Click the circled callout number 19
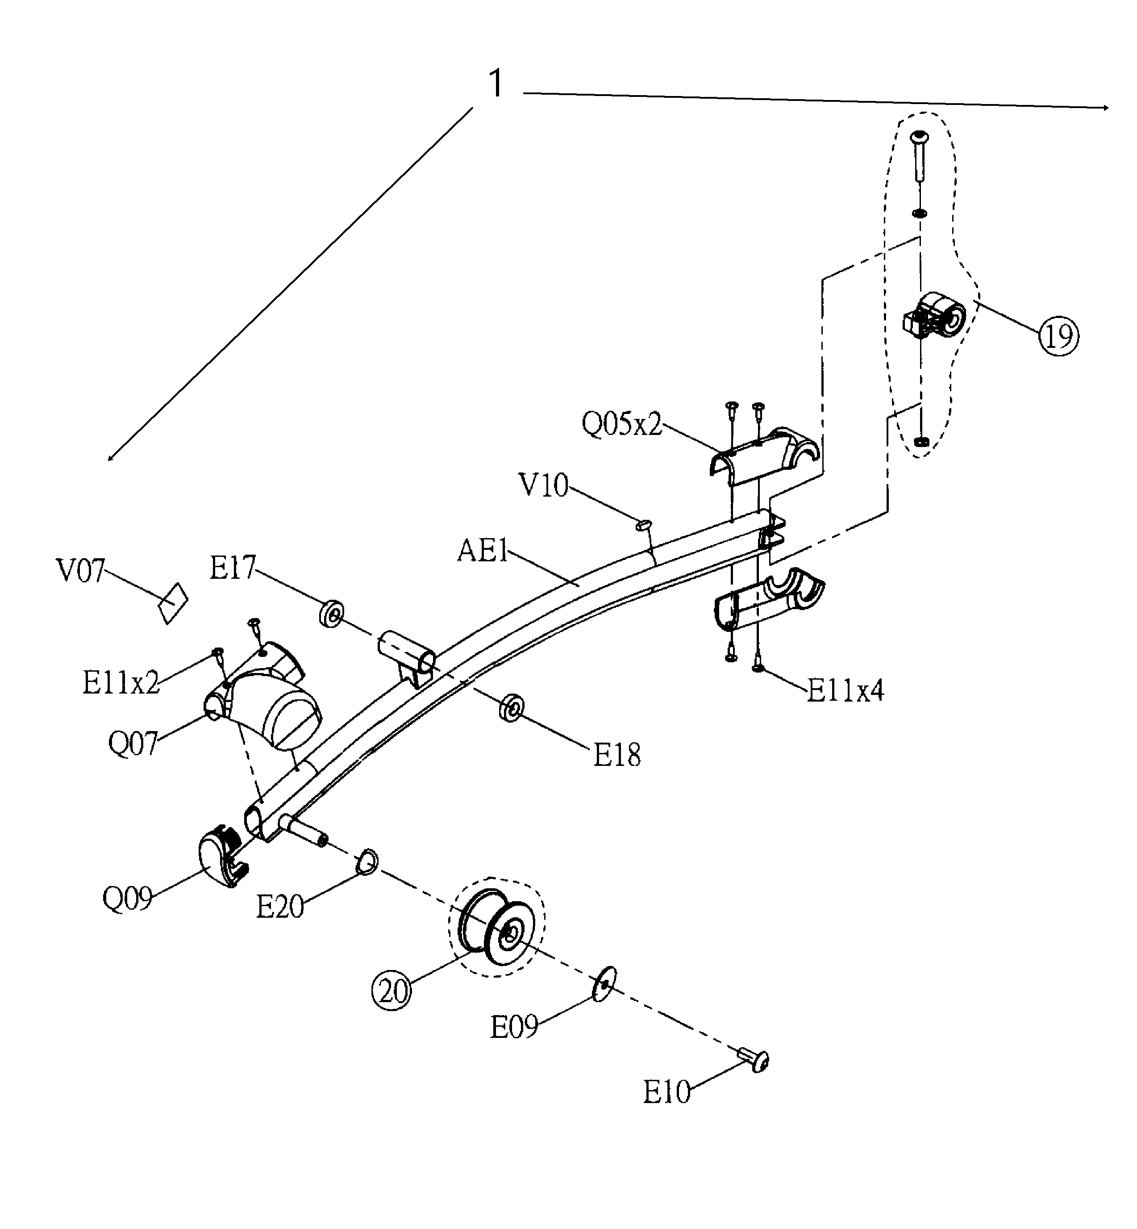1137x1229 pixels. coord(1059,336)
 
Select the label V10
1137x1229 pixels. coord(544,485)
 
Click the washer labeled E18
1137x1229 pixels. coord(511,708)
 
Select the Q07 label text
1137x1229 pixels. coord(133,744)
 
